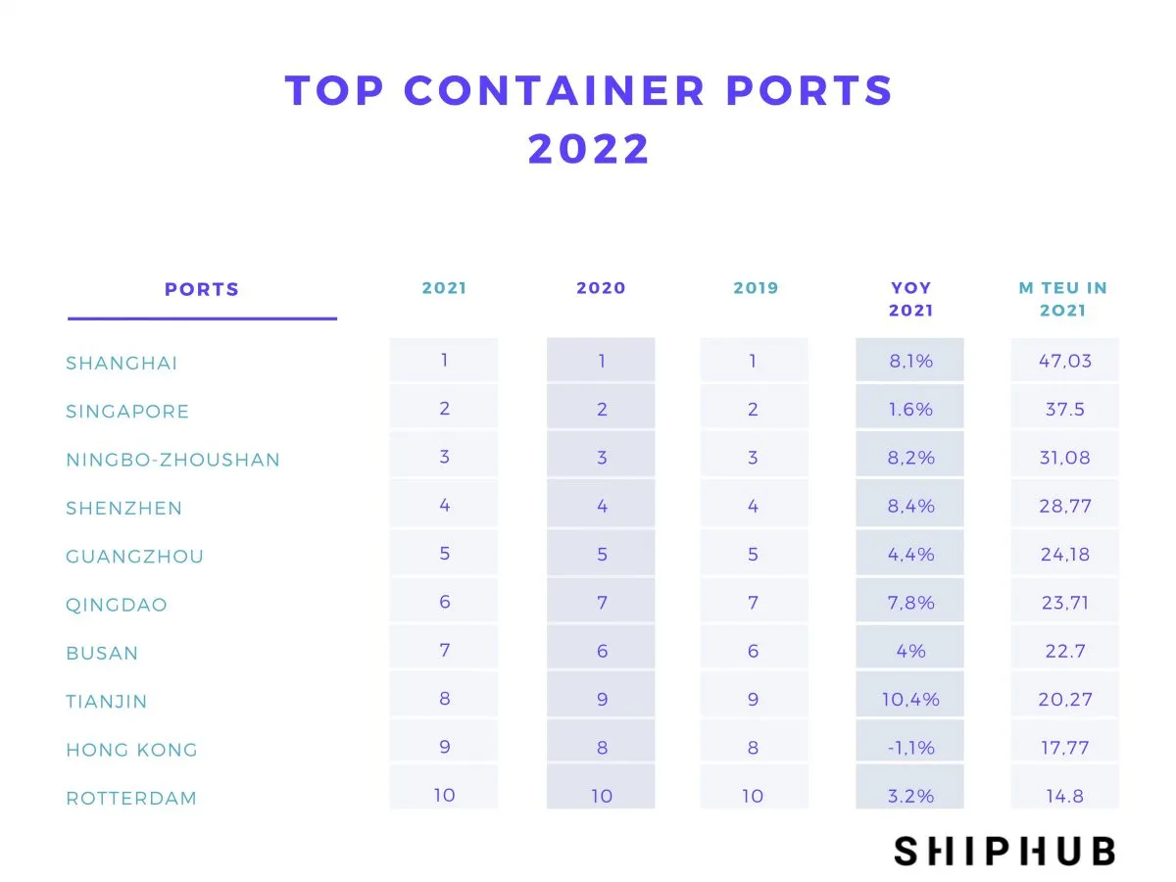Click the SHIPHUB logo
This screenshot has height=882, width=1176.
pos(1004,851)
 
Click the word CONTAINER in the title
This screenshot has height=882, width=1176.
pos(554,91)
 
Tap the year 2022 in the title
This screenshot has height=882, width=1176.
pos(589,150)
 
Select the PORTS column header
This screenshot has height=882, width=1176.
pos(202,289)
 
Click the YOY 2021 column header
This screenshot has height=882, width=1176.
pos(910,299)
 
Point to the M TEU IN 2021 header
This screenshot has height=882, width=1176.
pos(1063,299)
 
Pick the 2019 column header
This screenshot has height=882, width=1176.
pos(756,288)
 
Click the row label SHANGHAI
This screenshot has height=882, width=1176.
pos(122,364)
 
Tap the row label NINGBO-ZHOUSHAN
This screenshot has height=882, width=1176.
pos(172,460)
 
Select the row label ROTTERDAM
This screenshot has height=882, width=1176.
pos(131,799)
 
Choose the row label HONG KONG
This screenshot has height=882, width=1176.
pos(131,751)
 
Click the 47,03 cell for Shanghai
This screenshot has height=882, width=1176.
pos(1064,361)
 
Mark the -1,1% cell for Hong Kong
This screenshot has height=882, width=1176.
pos(910,748)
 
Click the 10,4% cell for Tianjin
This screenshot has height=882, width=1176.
pos(910,700)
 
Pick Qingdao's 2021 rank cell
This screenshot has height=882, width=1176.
pos(444,603)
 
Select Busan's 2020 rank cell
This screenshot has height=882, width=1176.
pos(602,651)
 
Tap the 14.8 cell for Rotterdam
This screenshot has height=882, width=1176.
pos(1064,796)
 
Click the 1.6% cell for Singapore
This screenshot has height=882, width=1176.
pos(910,409)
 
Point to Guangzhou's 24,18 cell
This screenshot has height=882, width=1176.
pos(1064,555)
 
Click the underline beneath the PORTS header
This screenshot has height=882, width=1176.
pos(202,318)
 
